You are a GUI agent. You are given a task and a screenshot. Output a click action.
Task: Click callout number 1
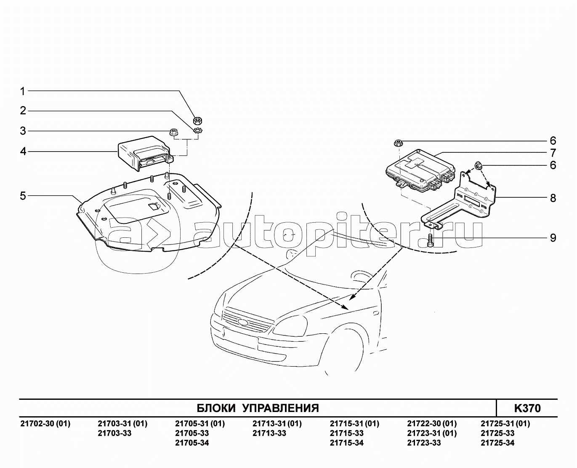(x=23, y=91)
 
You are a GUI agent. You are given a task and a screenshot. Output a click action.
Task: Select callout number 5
(x=23, y=196)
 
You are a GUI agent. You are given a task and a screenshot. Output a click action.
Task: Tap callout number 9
(x=553, y=238)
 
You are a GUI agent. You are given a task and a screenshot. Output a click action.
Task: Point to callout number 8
(x=553, y=198)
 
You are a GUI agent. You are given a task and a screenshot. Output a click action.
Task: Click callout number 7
(x=553, y=153)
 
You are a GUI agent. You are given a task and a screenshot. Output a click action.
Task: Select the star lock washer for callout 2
(x=198, y=131)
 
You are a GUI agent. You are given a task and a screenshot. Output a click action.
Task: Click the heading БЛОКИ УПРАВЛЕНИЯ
(x=258, y=408)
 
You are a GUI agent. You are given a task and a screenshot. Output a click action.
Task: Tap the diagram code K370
(x=527, y=408)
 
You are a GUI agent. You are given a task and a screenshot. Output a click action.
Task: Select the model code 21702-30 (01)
(x=45, y=423)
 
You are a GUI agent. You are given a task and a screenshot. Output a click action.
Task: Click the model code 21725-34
(x=497, y=443)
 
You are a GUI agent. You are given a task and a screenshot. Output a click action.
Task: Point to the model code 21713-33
(x=269, y=433)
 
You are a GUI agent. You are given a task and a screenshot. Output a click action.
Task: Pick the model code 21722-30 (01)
(x=432, y=423)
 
